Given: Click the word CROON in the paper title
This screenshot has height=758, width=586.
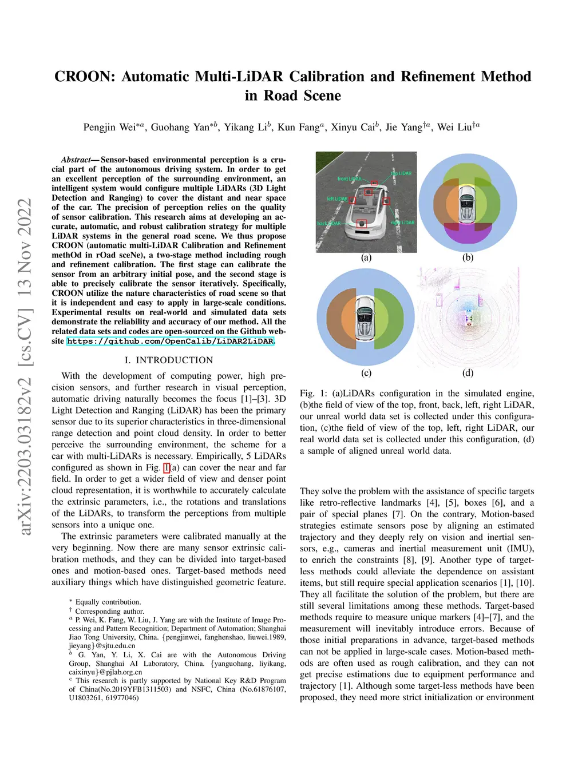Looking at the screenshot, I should point(85,77).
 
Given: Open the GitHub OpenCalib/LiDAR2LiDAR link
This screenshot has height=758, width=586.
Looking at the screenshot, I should point(170,342).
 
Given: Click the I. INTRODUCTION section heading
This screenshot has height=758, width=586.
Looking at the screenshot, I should point(169,360).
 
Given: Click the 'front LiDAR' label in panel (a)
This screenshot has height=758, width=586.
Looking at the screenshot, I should point(349,179).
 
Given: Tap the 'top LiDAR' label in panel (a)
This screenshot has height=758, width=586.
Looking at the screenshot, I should point(401,173).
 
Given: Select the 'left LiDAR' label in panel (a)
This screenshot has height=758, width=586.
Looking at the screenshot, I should point(337,199).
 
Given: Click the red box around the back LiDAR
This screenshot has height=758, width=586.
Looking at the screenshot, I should point(361,224).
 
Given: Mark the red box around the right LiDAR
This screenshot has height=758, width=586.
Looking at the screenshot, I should point(387,201).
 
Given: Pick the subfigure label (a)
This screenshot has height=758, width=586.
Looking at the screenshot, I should point(366,257).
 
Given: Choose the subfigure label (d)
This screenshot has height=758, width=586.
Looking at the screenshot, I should point(468,373).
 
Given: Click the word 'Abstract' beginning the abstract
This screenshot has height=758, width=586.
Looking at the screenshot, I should point(76,160).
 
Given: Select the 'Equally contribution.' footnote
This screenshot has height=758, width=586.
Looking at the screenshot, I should point(108,602).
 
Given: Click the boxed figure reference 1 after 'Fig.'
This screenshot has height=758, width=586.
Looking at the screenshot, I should point(167,467).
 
